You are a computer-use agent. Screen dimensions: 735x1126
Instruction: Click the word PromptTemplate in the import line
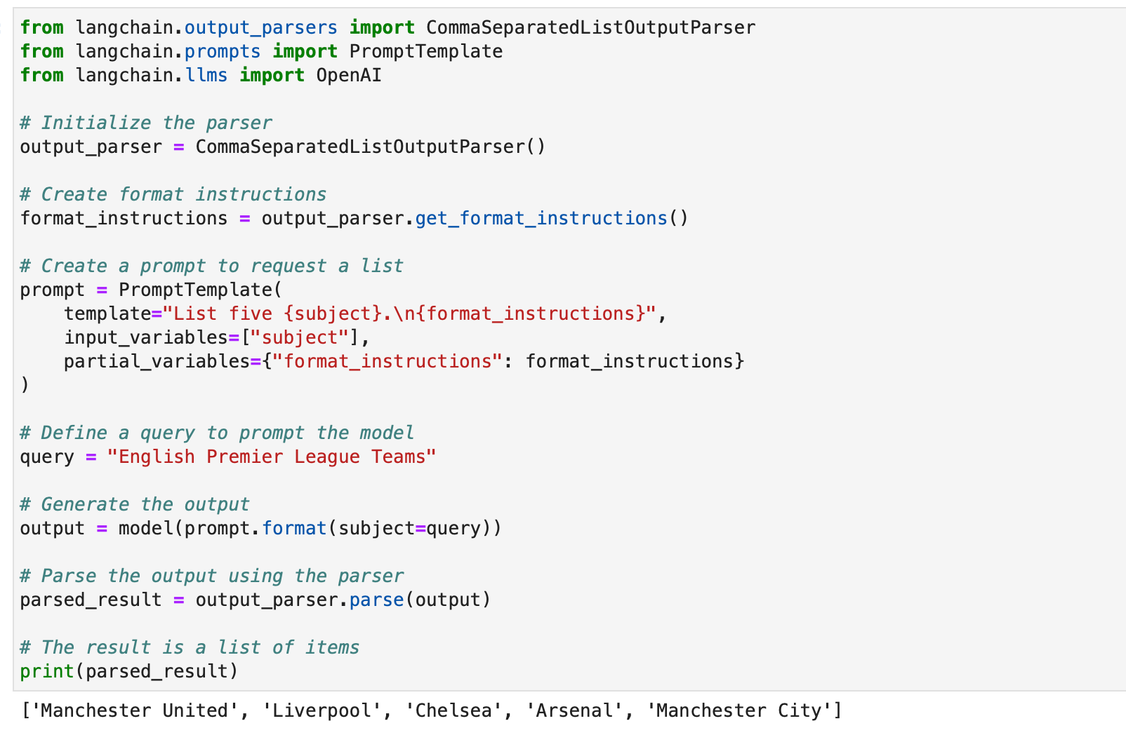click(x=425, y=51)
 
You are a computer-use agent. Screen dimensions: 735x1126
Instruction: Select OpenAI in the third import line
click(x=349, y=75)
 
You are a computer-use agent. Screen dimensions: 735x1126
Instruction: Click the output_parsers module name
click(x=260, y=27)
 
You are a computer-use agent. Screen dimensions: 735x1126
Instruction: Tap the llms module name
click(x=206, y=75)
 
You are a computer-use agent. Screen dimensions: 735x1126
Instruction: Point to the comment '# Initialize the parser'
click(x=145, y=123)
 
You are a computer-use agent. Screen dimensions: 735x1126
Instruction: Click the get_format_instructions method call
click(x=541, y=218)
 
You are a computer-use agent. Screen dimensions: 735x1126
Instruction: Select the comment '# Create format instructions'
click(x=173, y=194)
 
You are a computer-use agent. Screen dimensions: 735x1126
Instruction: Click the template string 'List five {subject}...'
click(x=409, y=313)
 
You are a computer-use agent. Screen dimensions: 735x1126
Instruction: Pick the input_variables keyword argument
click(x=145, y=337)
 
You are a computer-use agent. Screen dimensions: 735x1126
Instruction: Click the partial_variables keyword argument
click(x=157, y=361)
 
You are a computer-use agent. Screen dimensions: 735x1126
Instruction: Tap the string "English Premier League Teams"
click(x=272, y=457)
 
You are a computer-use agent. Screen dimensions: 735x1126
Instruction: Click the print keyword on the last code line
click(x=47, y=671)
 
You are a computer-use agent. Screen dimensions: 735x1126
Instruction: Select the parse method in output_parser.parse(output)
click(x=376, y=600)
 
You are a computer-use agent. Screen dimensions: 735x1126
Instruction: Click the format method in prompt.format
click(x=294, y=528)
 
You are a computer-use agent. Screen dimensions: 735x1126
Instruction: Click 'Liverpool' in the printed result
click(x=322, y=710)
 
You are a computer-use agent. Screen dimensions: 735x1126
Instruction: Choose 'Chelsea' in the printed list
click(x=453, y=710)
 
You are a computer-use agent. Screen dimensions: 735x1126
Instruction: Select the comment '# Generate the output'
click(x=134, y=504)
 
